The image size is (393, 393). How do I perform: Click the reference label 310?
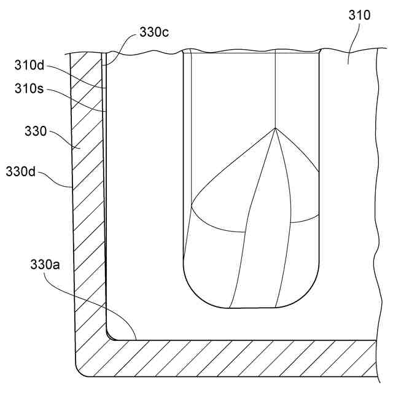[x=359, y=15]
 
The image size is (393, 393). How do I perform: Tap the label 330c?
[x=154, y=33]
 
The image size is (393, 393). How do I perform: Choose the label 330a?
[x=46, y=265]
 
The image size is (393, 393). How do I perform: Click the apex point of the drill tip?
[x=276, y=128]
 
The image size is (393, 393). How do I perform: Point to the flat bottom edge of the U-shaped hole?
[x=252, y=307]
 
